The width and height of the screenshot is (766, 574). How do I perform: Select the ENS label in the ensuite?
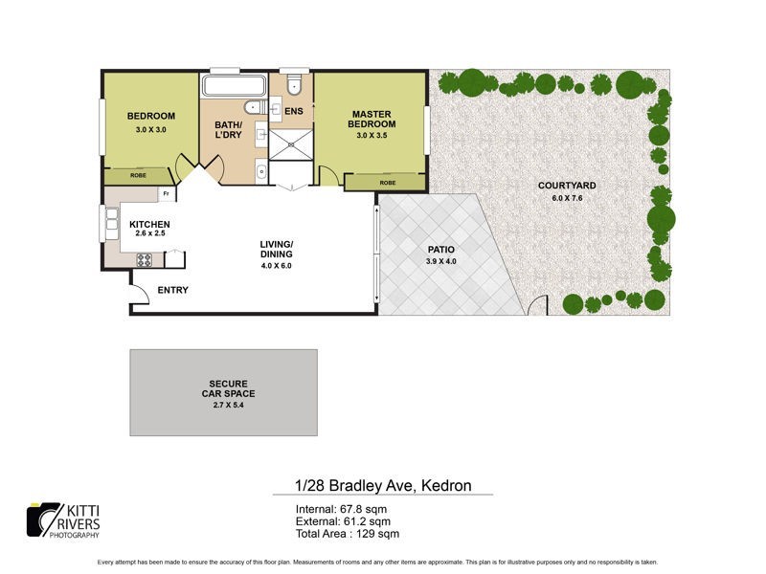click(294, 111)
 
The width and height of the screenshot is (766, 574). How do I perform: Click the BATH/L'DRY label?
click(227, 130)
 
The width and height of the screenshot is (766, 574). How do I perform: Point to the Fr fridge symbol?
click(166, 194)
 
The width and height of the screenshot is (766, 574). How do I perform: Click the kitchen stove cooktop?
click(146, 259)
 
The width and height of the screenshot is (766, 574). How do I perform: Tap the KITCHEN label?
click(149, 225)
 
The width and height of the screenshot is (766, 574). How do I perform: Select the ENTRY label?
click(172, 290)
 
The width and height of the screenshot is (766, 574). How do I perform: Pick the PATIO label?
click(440, 249)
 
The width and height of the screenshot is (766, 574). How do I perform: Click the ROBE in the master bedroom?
click(387, 183)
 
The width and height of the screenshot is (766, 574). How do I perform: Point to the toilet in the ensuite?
click(294, 87)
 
